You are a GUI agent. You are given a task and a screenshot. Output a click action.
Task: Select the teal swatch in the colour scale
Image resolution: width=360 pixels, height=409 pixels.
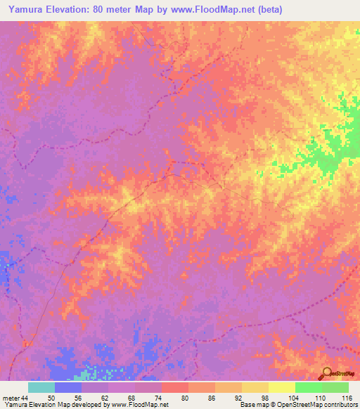(41, 387)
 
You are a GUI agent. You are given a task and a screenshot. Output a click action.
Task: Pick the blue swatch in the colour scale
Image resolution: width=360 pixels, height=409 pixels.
(67, 387)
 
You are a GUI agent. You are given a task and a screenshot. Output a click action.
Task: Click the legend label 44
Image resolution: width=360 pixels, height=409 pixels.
(25, 397)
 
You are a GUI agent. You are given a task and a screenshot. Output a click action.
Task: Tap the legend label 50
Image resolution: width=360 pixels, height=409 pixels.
(55, 397)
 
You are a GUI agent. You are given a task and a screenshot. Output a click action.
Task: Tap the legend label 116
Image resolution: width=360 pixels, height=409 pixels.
(345, 397)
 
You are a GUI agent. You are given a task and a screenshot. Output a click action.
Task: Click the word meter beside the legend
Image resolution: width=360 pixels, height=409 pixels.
(11, 397)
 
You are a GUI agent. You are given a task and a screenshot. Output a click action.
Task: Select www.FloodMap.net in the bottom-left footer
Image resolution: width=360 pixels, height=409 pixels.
(145, 405)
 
